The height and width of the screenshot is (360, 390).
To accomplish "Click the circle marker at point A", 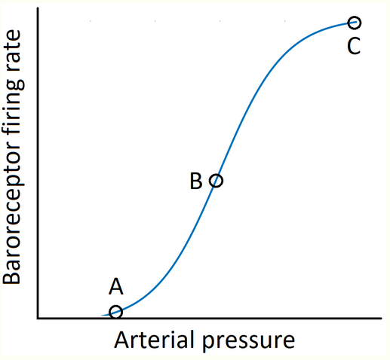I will (115, 312).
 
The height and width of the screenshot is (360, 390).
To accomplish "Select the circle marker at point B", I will (216, 181).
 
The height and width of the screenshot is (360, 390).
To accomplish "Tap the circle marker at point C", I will (355, 23).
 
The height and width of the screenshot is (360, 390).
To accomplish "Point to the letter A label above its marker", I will (115, 287).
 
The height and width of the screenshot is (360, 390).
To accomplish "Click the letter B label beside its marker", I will (195, 182).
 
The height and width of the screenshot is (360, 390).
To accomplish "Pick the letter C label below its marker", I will (354, 47).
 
